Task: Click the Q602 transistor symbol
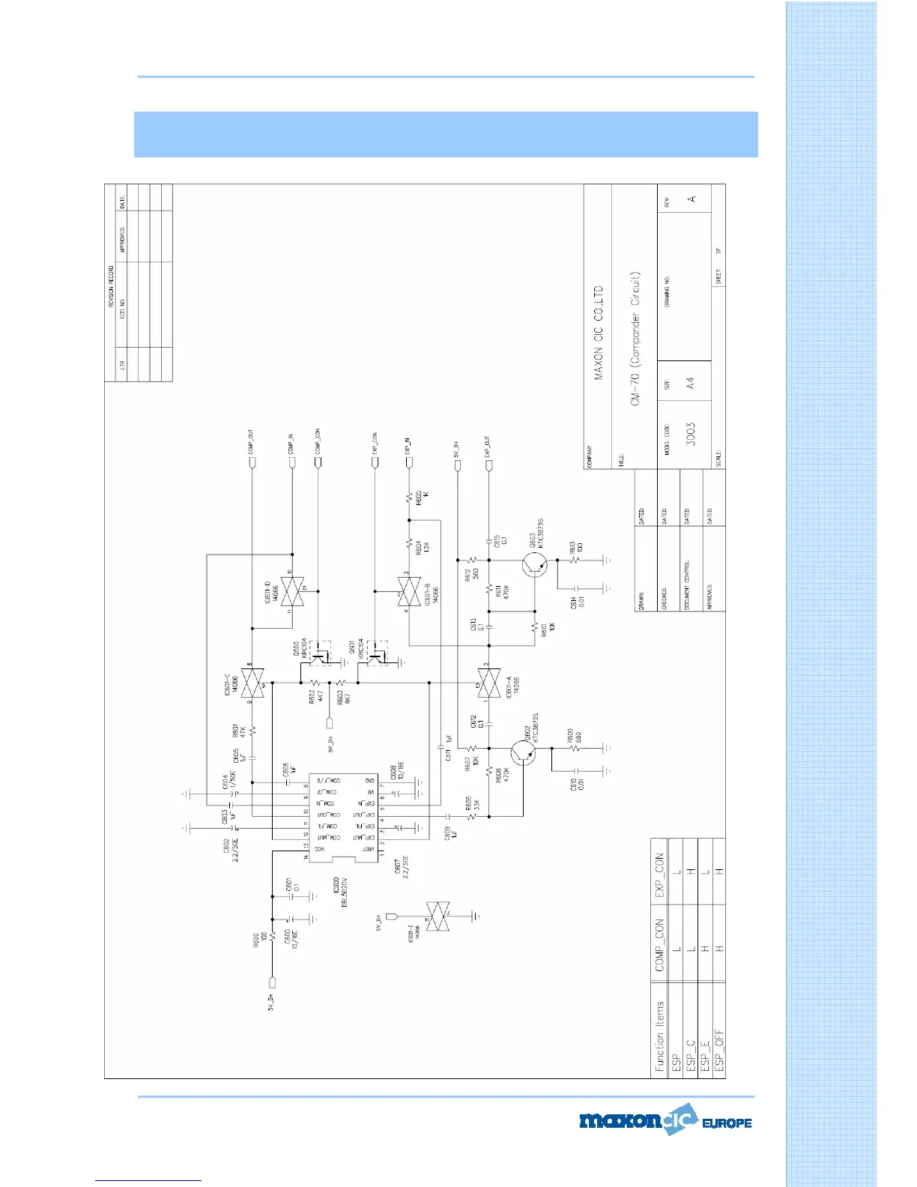pos(523,753)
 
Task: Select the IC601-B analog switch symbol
pos(409,592)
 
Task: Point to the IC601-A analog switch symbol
pos(488,683)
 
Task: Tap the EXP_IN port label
pos(408,446)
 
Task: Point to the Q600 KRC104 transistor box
pos(321,653)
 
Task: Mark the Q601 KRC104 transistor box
pos(378,653)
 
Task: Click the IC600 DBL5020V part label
pos(340,892)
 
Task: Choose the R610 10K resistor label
pos(548,629)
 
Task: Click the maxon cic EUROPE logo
pos(665,1122)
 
